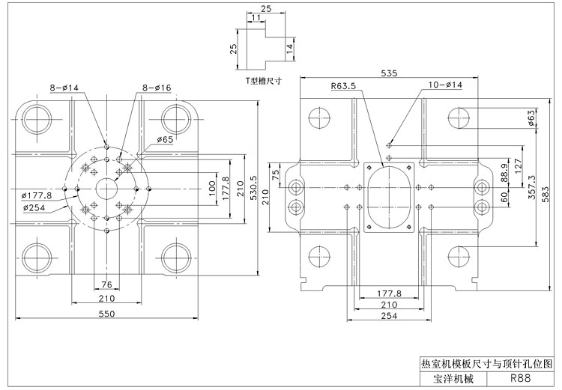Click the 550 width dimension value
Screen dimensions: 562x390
click(x=106, y=314)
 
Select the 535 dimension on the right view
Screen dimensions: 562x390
click(x=389, y=73)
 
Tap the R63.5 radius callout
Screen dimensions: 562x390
click(x=343, y=86)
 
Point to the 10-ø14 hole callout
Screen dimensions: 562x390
click(x=446, y=85)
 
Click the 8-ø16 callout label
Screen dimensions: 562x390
click(x=157, y=88)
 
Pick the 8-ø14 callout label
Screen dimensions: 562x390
click(x=64, y=87)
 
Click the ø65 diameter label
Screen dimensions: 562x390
click(x=165, y=139)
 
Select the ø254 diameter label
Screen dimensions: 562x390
click(x=34, y=207)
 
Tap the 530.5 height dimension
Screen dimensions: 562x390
click(x=253, y=188)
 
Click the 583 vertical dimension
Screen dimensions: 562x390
click(x=546, y=195)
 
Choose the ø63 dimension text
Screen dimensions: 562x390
click(x=531, y=118)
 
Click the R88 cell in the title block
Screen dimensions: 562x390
click(x=521, y=378)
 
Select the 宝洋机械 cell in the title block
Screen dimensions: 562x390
click(x=453, y=379)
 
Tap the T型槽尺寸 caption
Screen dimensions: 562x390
click(x=263, y=81)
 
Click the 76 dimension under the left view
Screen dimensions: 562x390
click(x=106, y=284)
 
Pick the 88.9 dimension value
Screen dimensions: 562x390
click(x=504, y=173)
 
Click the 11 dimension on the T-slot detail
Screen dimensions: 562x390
click(x=256, y=17)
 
